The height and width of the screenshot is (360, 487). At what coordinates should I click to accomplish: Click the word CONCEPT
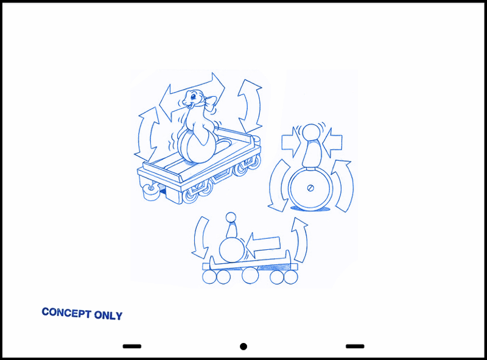tap(66, 312)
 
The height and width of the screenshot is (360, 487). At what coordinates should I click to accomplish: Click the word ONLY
tap(108, 315)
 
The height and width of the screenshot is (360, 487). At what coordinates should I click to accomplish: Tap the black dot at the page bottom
tap(243, 347)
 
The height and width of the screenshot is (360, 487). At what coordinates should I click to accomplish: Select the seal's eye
tap(193, 96)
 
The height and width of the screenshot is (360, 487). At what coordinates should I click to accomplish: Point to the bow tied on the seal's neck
tap(210, 103)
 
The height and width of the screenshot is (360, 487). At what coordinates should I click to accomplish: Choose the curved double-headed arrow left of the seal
tap(147, 133)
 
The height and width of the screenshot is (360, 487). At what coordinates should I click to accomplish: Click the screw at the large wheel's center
tap(310, 188)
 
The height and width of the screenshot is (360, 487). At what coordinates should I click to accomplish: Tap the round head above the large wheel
tap(311, 132)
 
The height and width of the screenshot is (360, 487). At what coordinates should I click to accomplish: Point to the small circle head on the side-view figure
tap(231, 217)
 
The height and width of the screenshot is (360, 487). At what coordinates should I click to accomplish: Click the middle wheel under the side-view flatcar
tap(250, 275)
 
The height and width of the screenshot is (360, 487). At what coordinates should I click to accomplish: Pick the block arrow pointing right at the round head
tap(292, 142)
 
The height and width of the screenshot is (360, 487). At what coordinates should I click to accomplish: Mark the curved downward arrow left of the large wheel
tap(276, 186)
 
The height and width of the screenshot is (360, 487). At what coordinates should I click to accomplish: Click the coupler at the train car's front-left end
tap(150, 192)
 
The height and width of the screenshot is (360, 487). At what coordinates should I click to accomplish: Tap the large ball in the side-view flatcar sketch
tap(232, 249)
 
